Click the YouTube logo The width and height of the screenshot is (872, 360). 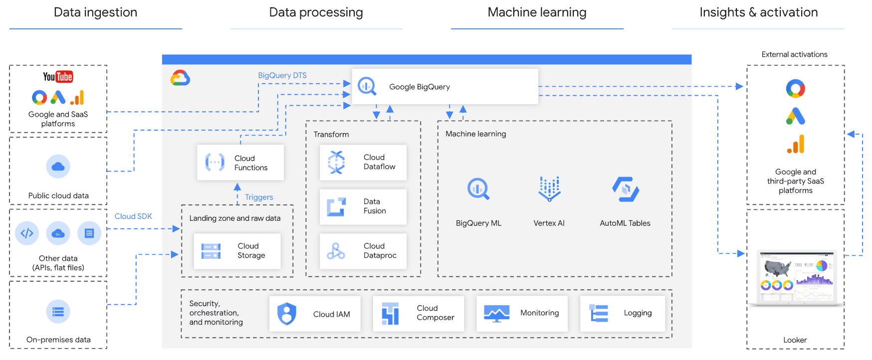(58, 77)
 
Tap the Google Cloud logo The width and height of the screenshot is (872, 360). (180, 78)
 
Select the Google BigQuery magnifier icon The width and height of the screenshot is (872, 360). (367, 86)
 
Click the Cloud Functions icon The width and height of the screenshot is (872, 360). (215, 163)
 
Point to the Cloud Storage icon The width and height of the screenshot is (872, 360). (211, 251)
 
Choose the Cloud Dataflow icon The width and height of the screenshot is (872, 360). (336, 162)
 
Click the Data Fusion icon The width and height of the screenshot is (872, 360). (336, 207)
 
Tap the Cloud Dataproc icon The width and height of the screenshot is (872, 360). (336, 251)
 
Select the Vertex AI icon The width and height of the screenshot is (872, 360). (549, 189)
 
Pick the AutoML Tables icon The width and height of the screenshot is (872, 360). (626, 189)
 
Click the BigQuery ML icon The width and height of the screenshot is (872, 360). (478, 189)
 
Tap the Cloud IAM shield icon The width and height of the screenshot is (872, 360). (287, 314)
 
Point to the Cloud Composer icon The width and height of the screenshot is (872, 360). (390, 314)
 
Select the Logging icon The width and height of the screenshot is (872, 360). (599, 314)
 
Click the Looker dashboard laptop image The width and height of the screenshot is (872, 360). (797, 278)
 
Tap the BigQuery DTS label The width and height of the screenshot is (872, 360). (282, 75)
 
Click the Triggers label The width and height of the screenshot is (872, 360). (259, 197)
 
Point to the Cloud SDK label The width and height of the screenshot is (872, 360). (133, 216)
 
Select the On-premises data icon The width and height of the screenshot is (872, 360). (58, 312)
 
